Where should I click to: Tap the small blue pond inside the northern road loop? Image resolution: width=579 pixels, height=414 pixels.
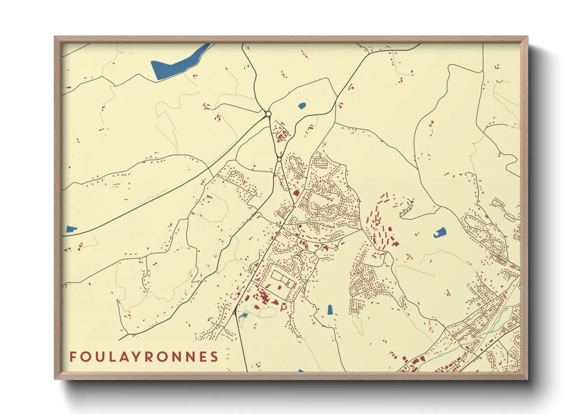point(302,105)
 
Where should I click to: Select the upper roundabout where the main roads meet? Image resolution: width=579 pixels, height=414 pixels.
point(268,114)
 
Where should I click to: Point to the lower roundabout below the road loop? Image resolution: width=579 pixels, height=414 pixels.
point(279,160)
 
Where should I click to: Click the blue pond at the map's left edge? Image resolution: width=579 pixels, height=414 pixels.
point(71,229)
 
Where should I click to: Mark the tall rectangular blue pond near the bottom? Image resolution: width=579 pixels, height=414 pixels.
point(330,310)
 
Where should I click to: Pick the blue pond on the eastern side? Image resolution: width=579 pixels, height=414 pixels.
point(440,232)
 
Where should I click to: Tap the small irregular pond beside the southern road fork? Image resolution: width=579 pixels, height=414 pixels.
point(243,315)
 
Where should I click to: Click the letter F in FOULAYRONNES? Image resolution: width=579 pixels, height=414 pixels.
point(73,357)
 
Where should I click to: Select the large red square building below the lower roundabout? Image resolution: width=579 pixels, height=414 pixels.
point(296,193)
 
